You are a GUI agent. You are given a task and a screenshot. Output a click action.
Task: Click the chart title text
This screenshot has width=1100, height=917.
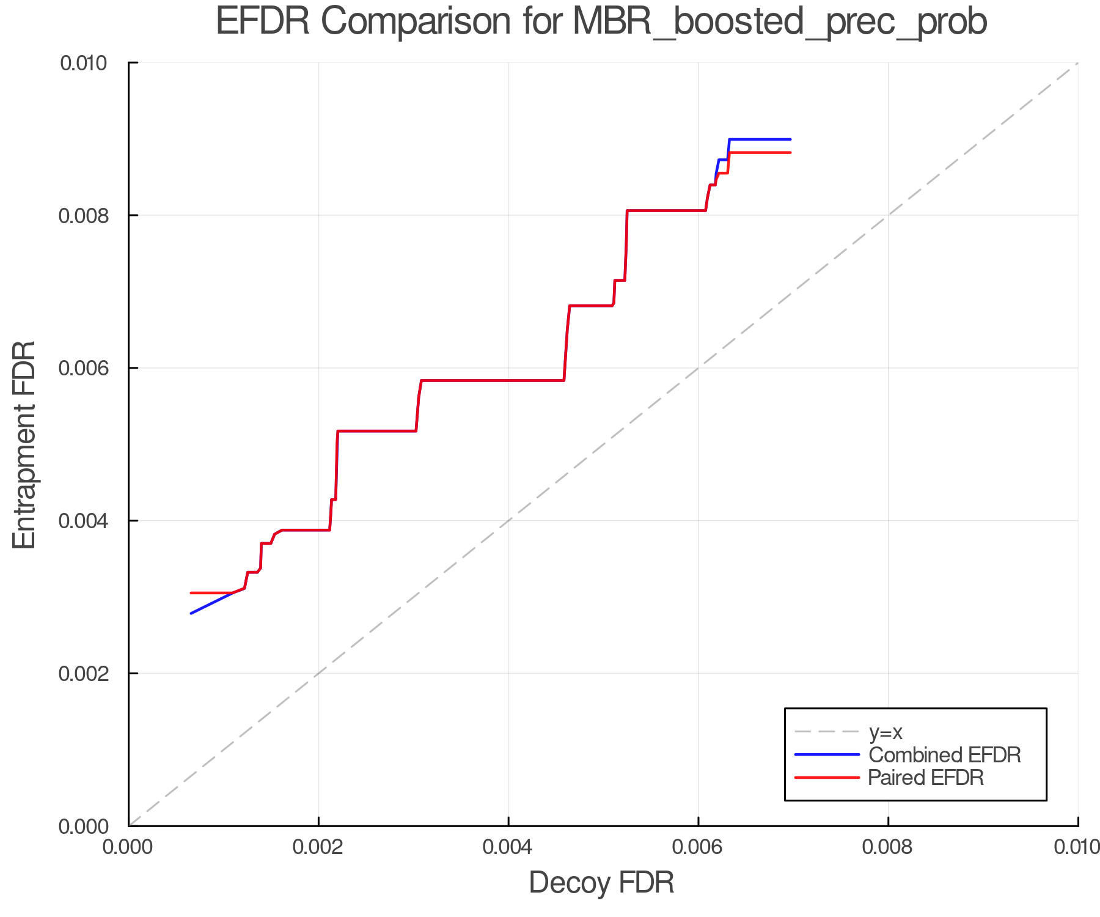(601, 22)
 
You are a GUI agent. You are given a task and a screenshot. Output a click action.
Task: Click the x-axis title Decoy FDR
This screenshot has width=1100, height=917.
(601, 882)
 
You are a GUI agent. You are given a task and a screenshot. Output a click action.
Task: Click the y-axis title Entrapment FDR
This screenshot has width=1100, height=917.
(24, 444)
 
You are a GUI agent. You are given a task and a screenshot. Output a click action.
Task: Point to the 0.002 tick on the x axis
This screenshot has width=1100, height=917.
(318, 847)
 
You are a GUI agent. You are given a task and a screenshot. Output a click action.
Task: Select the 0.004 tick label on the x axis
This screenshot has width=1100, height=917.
(508, 847)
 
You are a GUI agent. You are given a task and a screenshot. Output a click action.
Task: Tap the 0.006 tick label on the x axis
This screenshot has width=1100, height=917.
(698, 847)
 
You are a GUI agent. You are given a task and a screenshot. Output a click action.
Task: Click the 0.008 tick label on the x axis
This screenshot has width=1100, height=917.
(888, 847)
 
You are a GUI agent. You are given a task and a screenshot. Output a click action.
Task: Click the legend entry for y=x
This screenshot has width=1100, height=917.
(886, 732)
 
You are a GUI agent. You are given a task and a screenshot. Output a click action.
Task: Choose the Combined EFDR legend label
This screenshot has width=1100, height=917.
(944, 755)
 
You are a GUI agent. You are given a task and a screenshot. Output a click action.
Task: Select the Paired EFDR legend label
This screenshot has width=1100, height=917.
(925, 778)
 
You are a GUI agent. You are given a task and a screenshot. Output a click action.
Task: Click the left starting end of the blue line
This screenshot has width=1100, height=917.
(191, 613)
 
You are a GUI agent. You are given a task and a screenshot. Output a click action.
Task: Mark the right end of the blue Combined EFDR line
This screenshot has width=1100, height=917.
(790, 139)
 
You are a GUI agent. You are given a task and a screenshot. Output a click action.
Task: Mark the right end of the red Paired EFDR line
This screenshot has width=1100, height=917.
(790, 152)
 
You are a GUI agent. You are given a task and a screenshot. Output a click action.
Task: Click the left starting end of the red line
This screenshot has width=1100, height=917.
(191, 592)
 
